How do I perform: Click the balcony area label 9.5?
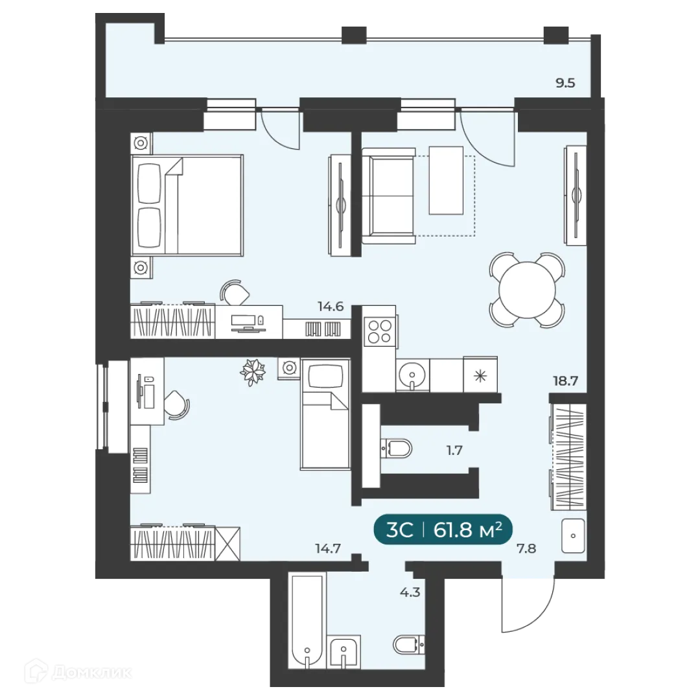click(x=565, y=82)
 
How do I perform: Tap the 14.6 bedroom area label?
click(x=330, y=307)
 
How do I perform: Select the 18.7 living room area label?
click(x=565, y=381)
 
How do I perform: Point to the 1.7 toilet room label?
click(x=454, y=450)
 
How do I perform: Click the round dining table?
click(x=527, y=289)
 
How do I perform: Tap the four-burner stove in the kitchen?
click(x=379, y=331)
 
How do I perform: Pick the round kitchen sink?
click(x=411, y=374)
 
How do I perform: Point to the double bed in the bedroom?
click(x=187, y=204)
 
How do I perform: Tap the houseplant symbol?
click(x=253, y=372)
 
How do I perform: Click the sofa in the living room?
click(x=388, y=196)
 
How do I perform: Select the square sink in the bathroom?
click(x=344, y=652)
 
